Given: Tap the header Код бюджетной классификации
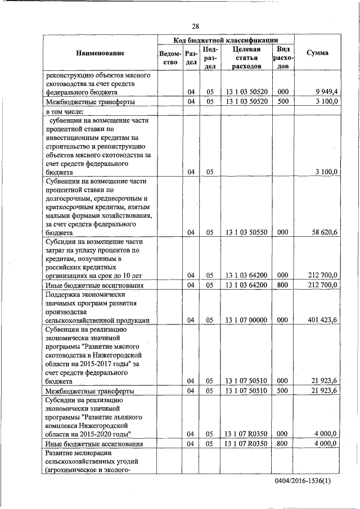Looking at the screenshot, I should coord(226,40).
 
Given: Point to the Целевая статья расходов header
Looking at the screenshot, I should coord(246,57).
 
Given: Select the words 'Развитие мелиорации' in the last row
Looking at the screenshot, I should coord(79,453).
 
